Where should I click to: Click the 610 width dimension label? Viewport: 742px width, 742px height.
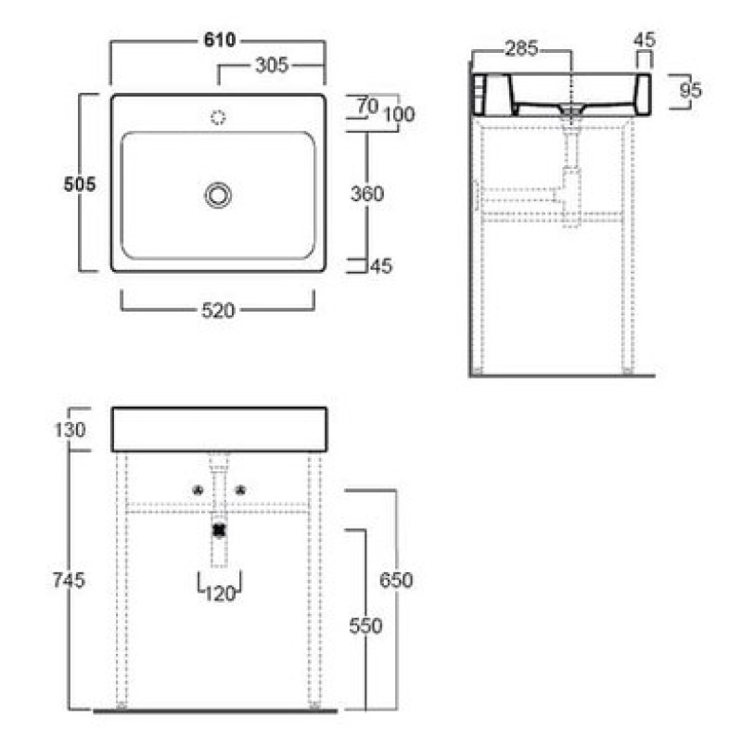[220, 40]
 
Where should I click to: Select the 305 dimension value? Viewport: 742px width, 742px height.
[272, 65]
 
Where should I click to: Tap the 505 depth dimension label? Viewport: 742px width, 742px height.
[80, 184]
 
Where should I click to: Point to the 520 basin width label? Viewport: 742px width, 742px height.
[218, 311]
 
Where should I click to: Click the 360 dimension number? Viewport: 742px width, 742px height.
[367, 194]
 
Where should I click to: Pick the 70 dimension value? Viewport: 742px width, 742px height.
[367, 106]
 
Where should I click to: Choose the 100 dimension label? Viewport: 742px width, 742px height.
[399, 114]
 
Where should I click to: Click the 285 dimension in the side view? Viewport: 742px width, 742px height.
[521, 48]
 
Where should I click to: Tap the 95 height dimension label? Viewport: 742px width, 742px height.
[690, 90]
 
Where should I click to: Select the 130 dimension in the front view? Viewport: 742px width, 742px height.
[70, 429]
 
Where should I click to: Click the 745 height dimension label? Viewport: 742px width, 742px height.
[69, 580]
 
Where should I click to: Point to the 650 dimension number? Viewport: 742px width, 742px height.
[396, 580]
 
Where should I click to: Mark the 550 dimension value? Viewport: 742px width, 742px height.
[365, 626]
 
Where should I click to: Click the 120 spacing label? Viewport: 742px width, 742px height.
[220, 594]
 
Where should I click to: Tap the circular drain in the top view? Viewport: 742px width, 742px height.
[218, 196]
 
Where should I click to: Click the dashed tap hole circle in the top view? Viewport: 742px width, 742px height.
[218, 118]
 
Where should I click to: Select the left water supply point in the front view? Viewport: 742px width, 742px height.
[198, 491]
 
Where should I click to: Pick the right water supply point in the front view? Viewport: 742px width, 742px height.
[240, 491]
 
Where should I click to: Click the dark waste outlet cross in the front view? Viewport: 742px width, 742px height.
[219, 531]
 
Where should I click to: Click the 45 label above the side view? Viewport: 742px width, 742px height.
[644, 40]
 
